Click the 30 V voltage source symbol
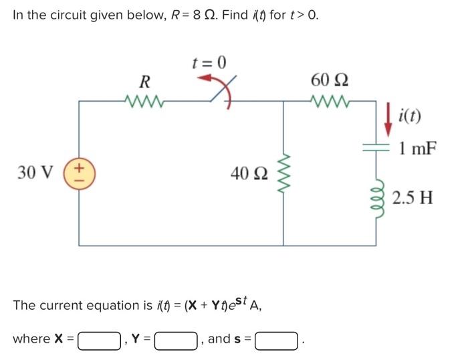click(x=80, y=172)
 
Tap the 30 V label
click(x=36, y=172)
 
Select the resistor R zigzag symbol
click(x=144, y=102)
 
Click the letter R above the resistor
click(x=144, y=82)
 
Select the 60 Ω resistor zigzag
click(x=328, y=102)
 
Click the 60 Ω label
click(x=328, y=80)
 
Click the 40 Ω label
click(x=249, y=173)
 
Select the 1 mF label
click(x=417, y=149)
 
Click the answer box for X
click(x=100, y=340)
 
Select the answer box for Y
click(x=175, y=340)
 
